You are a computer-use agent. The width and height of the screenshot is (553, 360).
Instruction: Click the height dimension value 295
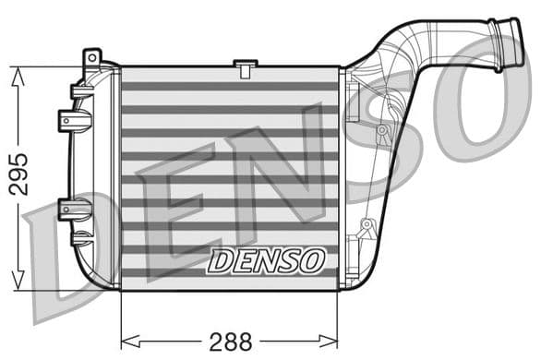[x=18, y=174]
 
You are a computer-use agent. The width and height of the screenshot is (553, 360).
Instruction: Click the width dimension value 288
[x=230, y=341]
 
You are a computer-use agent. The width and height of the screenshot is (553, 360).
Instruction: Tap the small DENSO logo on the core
[x=266, y=260]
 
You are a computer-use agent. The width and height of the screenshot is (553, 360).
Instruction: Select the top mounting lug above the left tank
[x=90, y=59]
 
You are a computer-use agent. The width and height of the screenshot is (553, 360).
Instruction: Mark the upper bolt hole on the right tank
[x=380, y=130]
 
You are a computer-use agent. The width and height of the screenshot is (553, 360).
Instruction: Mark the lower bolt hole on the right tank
[x=366, y=224]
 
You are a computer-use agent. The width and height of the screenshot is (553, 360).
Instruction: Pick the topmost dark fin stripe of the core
[x=230, y=87]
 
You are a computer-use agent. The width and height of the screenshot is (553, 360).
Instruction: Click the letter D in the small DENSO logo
[x=222, y=261]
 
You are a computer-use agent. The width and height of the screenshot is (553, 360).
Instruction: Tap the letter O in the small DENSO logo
[x=311, y=260]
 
